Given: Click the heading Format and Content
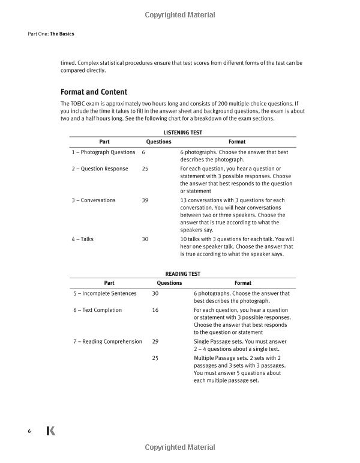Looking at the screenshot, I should pyautogui.click(x=94, y=92).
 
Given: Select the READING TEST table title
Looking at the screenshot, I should pyautogui.click(x=182, y=273).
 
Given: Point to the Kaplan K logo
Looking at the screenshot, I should pyautogui.click(x=51, y=431).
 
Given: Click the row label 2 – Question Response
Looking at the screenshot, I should pyautogui.click(x=100, y=169).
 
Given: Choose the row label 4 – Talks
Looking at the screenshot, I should pyautogui.click(x=82, y=239).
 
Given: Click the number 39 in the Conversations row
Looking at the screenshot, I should pyautogui.click(x=145, y=200).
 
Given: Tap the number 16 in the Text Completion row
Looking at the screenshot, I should pyautogui.click(x=155, y=310).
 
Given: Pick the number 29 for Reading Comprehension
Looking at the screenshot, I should pyautogui.click(x=155, y=341).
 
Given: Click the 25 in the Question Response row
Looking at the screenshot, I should pyautogui.click(x=145, y=169).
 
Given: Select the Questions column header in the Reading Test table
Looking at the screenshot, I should pyautogui.click(x=169, y=283).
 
